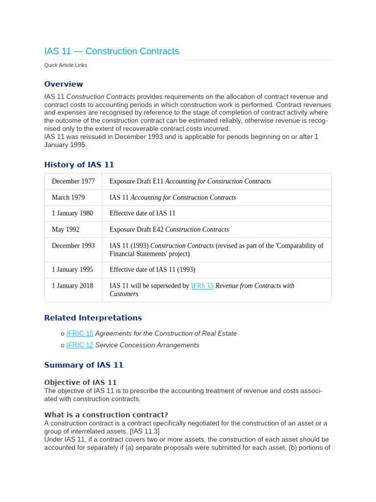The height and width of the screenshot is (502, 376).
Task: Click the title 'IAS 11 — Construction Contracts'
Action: click(112, 51)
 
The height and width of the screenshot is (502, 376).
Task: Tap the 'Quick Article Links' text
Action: click(66, 65)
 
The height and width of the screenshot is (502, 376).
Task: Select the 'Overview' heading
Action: click(64, 84)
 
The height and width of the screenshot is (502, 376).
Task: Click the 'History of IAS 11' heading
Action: click(79, 165)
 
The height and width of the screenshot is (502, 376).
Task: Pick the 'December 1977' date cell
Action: click(73, 181)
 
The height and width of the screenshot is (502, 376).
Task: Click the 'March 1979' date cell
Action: click(68, 198)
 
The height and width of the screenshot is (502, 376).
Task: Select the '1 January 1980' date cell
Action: click(72, 213)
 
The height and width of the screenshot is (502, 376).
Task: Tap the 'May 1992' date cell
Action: click(66, 229)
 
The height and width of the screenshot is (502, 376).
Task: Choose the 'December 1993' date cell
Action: click(73, 246)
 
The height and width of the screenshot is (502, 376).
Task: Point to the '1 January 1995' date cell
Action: click(72, 270)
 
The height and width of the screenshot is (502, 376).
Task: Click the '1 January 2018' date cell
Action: click(72, 286)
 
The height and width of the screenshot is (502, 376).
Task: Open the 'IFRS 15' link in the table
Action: click(202, 286)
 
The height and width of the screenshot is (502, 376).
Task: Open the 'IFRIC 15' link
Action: click(80, 333)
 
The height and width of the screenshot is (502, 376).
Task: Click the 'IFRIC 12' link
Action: click(80, 345)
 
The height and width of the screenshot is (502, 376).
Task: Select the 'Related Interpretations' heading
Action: click(93, 318)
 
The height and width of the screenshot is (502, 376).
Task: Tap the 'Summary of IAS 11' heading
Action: click(84, 365)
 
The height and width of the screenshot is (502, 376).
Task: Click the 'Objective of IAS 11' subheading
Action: click(80, 382)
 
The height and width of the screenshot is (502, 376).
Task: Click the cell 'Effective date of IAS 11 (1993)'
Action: click(152, 270)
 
